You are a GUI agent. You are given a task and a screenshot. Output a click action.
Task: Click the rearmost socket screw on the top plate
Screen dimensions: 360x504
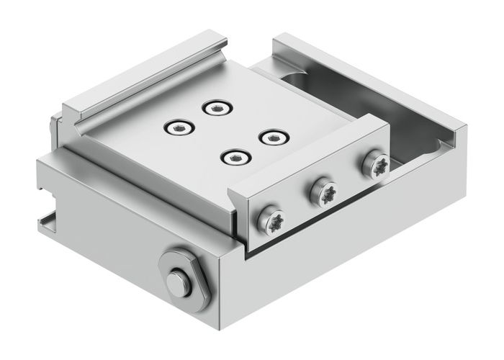click(x=215, y=109)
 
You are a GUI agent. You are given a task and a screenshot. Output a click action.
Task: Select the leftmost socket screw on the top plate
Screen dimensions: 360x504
click(x=177, y=128)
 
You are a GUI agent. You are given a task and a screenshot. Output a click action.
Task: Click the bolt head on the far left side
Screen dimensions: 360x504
click(x=50, y=129)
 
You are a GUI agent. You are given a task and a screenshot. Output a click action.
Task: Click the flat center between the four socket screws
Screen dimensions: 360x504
click(x=223, y=132)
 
